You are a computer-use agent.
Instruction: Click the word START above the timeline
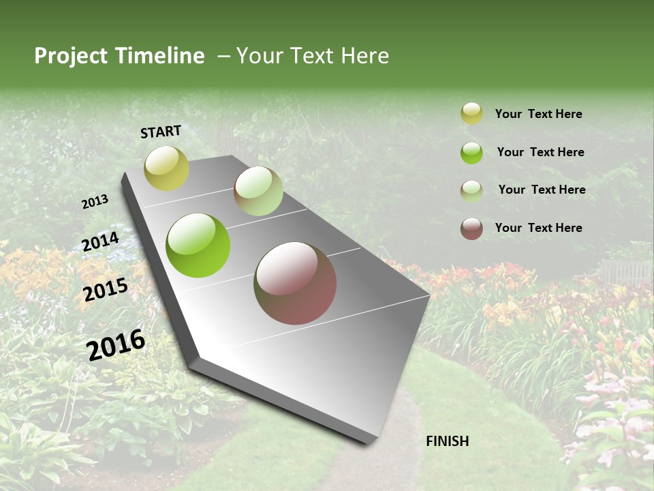pos(161,132)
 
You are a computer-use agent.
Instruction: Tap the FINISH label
pos(447,441)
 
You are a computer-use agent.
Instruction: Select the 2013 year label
pos(95,201)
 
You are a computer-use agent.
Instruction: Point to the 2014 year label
pos(100,241)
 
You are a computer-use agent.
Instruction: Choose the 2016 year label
pos(116,344)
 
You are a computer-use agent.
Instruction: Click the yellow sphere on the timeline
pos(166,168)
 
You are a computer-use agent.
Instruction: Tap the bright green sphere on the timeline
pos(198,245)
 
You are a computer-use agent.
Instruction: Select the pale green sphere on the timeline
pos(258,191)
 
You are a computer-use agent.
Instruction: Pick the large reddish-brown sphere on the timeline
pos(295,283)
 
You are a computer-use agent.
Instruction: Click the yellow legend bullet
pos(471,113)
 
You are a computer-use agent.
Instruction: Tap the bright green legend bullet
pos(471,153)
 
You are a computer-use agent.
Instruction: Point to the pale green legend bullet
pos(471,191)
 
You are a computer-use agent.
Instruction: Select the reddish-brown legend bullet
pos(471,228)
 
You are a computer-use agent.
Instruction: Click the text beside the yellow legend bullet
pos(538,114)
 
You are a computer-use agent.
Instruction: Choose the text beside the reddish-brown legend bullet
pos(538,228)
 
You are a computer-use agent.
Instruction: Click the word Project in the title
pos(70,57)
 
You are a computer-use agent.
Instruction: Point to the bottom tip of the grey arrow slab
pos(369,442)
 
